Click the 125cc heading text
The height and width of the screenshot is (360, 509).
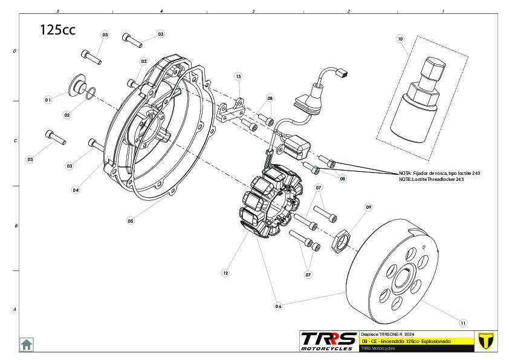(x=57, y=30)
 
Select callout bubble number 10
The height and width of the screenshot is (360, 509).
(x=400, y=39)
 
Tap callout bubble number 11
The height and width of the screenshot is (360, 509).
(x=463, y=322)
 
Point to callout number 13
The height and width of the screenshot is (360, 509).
(x=238, y=77)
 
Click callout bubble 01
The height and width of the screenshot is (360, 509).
(x=47, y=99)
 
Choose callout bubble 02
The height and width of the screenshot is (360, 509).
(x=67, y=115)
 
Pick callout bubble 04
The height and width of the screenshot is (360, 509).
(x=76, y=190)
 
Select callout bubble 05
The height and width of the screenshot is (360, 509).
(x=130, y=221)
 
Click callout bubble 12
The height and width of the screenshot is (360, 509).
(x=225, y=273)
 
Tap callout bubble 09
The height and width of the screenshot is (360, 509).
(x=368, y=207)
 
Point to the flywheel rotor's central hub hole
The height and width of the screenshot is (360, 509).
(x=401, y=279)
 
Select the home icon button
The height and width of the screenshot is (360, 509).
(x=27, y=344)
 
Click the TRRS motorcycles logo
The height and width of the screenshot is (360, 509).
(x=328, y=341)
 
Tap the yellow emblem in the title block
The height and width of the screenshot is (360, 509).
(x=482, y=341)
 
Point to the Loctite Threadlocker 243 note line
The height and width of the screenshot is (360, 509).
(x=431, y=179)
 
